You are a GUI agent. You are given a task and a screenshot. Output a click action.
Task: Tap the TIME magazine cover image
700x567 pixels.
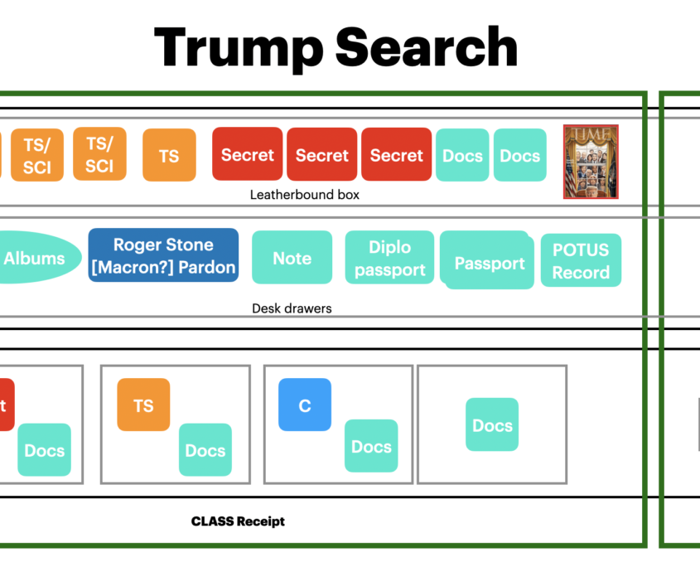[x=591, y=162]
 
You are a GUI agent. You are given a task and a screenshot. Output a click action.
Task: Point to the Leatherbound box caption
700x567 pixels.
[x=305, y=195]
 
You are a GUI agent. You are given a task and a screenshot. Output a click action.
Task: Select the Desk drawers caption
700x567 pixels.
[x=292, y=308]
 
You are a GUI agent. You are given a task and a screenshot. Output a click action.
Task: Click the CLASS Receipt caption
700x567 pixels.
[x=238, y=521]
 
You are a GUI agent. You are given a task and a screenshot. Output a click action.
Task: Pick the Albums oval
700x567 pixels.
[x=34, y=258]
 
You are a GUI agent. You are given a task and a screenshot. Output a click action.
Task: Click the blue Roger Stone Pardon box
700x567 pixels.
[x=163, y=255]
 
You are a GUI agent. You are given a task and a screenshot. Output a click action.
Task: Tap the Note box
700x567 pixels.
[x=292, y=258]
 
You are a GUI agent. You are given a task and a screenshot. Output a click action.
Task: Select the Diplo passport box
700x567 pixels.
[x=389, y=258]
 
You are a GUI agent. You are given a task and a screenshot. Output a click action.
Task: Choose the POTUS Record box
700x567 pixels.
[x=581, y=260]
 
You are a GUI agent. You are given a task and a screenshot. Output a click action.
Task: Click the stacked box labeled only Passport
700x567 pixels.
[x=489, y=262]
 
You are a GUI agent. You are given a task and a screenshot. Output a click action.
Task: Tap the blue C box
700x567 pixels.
[x=305, y=405]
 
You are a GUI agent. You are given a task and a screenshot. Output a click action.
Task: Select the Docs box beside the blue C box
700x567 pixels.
[x=371, y=446]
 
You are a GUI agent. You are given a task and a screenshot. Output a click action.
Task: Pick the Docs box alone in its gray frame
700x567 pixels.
[x=492, y=424]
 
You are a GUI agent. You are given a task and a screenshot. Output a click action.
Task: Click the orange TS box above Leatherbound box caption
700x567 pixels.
[x=169, y=155]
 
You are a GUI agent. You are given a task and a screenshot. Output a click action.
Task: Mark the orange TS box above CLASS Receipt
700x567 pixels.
[x=143, y=405]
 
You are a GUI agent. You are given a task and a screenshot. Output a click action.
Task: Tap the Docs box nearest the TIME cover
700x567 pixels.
[x=520, y=155]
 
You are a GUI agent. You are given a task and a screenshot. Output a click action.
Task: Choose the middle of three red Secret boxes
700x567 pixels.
[x=321, y=154]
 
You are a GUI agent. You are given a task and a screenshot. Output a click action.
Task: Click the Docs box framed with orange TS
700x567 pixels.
[x=205, y=449]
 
